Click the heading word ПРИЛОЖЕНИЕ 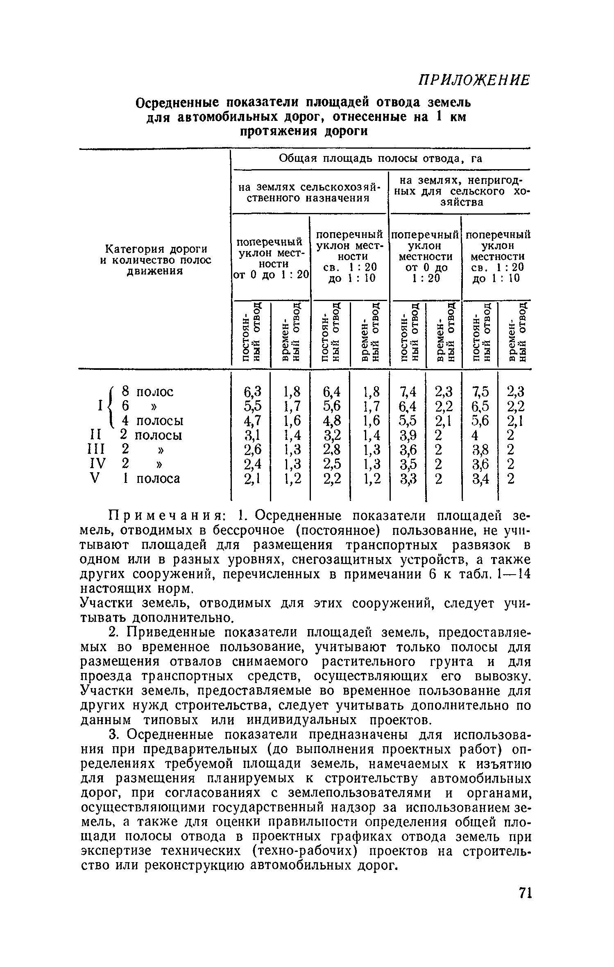tap(474, 80)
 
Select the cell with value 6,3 tap(252, 392)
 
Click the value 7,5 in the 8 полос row tap(480, 392)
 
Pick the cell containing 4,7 tap(252, 421)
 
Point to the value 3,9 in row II tap(408, 435)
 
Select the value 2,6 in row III tap(252, 450)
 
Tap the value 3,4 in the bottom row tap(480, 478)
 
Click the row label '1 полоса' tap(152, 478)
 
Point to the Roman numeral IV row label tap(97, 464)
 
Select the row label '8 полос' tap(147, 392)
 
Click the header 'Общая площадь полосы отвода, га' tap(380, 159)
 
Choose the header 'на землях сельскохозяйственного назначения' tap(309, 192)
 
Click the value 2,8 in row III tap(331, 450)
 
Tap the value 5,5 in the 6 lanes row tap(252, 406)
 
